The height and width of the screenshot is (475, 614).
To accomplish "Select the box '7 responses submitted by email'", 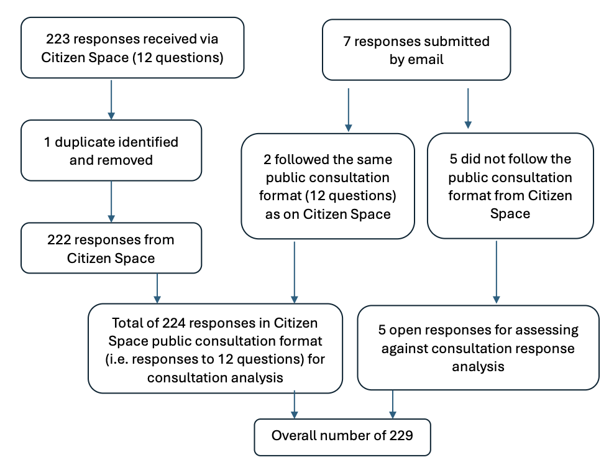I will point(416,50).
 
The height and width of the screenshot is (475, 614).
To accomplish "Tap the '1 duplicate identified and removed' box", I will point(111,150).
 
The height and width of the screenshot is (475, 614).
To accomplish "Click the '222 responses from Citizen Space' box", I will point(111,248).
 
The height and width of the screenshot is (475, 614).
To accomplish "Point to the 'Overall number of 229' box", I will point(342,436).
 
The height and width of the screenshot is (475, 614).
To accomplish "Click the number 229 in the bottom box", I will point(400,436).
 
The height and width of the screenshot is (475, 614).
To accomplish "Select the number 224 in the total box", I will point(175,323).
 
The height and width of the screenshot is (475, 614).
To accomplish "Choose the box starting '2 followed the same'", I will point(328,187).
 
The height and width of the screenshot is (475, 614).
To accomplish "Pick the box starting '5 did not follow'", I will point(510,186).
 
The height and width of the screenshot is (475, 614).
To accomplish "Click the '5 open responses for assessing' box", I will point(479,348).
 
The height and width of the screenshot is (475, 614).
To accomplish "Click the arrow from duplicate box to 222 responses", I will point(111,201).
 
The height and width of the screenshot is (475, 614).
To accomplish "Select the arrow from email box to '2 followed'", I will point(348,109).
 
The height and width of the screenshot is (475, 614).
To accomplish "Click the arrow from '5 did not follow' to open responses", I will point(496,271).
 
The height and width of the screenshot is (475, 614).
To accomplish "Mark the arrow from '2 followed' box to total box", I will point(294,271).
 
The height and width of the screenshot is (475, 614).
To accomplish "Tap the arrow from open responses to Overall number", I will point(393,404).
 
